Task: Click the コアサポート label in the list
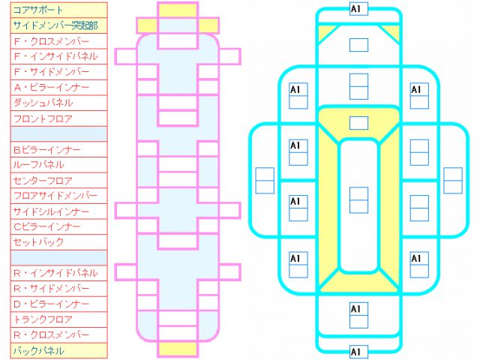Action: click(x=38, y=10)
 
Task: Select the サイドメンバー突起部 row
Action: click(x=55, y=25)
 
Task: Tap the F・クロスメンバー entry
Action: click(x=52, y=41)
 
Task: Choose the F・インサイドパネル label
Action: click(x=55, y=57)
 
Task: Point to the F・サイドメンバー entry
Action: click(x=52, y=72)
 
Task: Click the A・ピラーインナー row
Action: click(x=52, y=88)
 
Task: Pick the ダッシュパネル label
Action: click(x=43, y=103)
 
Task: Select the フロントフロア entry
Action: click(x=43, y=118)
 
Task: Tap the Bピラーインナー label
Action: click(x=46, y=150)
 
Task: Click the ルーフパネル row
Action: click(x=38, y=165)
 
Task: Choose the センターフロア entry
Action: click(x=43, y=181)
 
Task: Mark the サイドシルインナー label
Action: click(x=51, y=211)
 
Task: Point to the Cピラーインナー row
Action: click(x=46, y=226)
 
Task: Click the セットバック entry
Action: click(x=38, y=242)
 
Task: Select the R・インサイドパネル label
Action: click(x=55, y=273)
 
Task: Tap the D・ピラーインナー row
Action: click(x=52, y=304)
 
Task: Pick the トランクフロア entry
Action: click(x=43, y=319)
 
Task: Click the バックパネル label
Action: click(x=38, y=351)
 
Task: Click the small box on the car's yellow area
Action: click(x=358, y=123)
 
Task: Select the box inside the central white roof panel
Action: click(x=358, y=200)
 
